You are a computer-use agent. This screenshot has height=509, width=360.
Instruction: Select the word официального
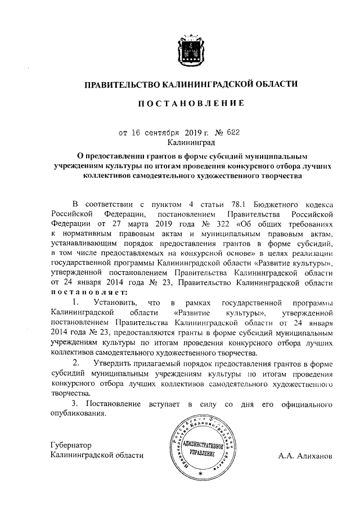pos(302,403)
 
